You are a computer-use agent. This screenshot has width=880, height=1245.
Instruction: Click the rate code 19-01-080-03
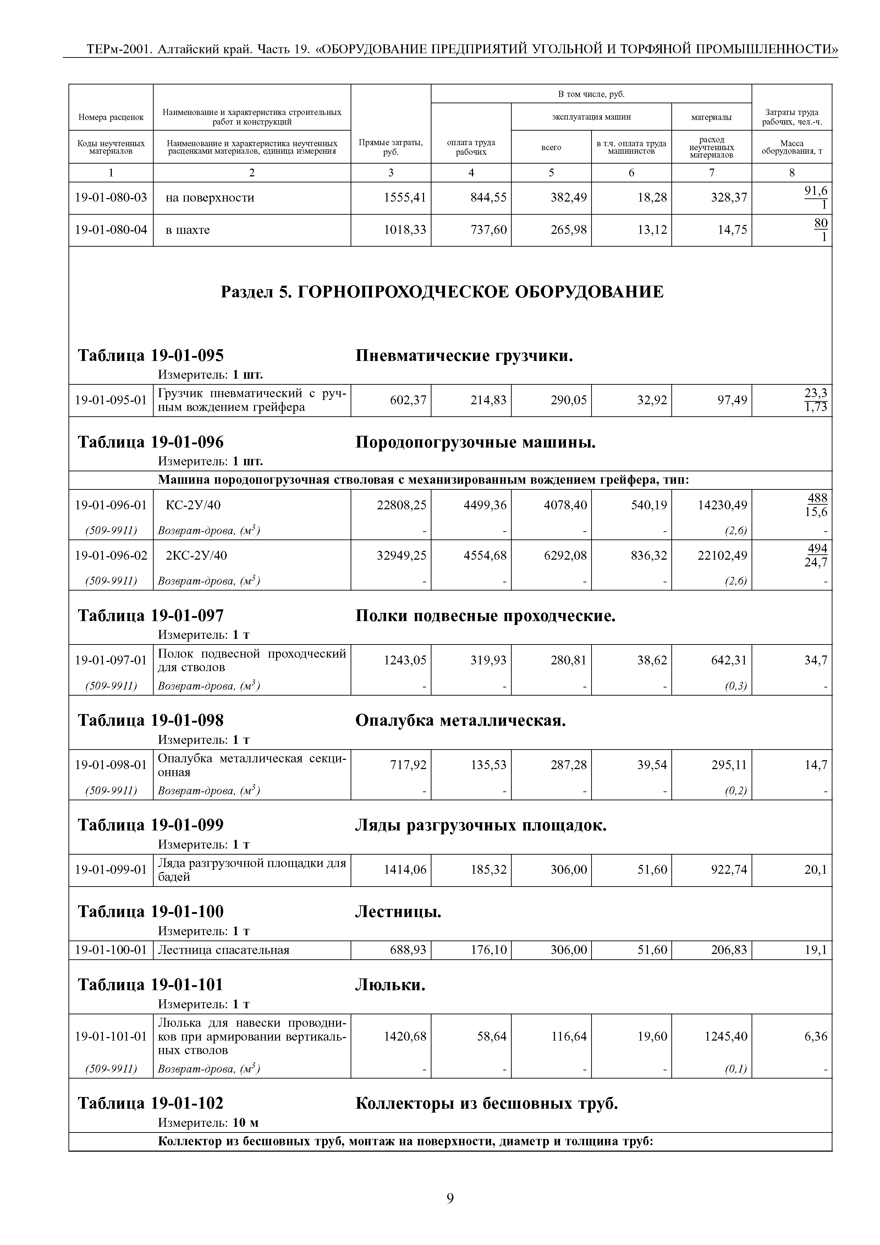(x=111, y=197)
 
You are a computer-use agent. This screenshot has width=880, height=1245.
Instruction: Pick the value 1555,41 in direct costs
(x=405, y=197)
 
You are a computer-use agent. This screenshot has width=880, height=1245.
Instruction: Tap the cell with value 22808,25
(x=401, y=505)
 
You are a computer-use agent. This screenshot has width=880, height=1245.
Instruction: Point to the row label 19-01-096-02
(x=111, y=555)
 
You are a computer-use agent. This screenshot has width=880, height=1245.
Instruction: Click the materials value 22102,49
(x=722, y=555)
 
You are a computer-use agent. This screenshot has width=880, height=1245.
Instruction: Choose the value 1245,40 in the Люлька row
(x=726, y=1036)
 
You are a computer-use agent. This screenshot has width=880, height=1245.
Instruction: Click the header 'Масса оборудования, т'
(x=792, y=147)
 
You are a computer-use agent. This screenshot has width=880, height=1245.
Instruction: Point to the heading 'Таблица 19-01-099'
(x=151, y=825)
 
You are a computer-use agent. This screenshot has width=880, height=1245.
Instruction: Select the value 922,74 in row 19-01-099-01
(x=729, y=870)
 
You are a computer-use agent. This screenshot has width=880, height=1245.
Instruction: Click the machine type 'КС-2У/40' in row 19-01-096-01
(x=193, y=505)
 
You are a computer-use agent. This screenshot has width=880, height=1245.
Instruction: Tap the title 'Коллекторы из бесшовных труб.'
(x=486, y=1103)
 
